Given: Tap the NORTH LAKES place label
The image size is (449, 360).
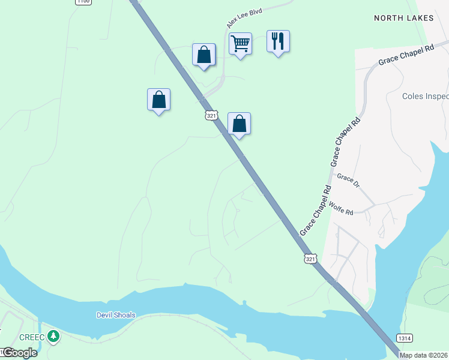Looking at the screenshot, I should click(x=403, y=18).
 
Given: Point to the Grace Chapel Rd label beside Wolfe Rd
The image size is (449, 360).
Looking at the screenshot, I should click(x=316, y=210).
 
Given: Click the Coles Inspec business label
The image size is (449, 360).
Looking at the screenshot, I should click(x=425, y=96).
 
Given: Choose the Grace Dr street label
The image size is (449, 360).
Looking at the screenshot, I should click(x=348, y=181).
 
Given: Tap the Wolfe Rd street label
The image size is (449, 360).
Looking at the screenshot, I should click(x=341, y=212).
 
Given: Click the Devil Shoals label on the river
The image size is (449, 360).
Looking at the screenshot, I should click(x=116, y=315).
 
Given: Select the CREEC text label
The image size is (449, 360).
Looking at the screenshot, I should click(x=32, y=337).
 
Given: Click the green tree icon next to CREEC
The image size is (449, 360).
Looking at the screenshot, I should click(x=54, y=336).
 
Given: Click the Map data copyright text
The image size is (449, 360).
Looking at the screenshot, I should click(x=424, y=355).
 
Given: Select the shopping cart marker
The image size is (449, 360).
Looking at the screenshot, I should click(x=240, y=43).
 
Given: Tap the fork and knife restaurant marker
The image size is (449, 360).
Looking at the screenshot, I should click(x=278, y=41).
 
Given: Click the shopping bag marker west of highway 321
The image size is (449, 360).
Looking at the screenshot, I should click(x=158, y=99).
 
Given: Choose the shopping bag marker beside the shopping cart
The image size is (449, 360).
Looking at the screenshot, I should click(x=203, y=55).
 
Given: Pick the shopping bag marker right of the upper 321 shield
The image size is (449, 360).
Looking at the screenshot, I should click(x=239, y=124).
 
